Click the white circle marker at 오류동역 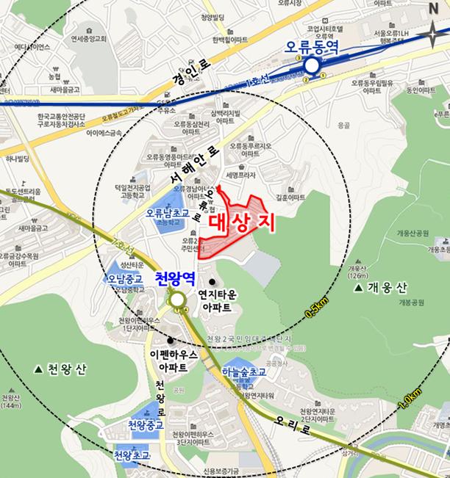pyautogui.click(x=312, y=67)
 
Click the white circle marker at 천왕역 pyautogui.click(x=176, y=300)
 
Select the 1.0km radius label pyautogui.click(x=409, y=396)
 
